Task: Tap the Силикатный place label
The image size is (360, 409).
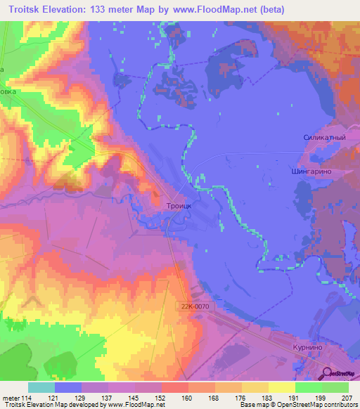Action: [x=324, y=138]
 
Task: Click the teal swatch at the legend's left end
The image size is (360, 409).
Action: [x=41, y=387]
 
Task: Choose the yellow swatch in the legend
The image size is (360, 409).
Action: [x=282, y=387]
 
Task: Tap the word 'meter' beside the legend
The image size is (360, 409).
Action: [x=12, y=398]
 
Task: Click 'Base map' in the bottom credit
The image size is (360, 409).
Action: [x=254, y=405]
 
